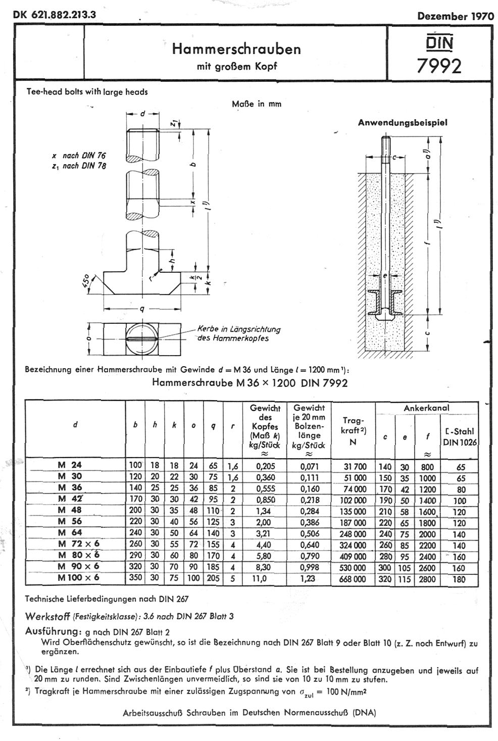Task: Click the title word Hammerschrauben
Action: [x=236, y=49]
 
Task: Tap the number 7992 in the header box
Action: [x=439, y=66]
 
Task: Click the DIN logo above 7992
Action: [x=439, y=42]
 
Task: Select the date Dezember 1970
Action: [x=455, y=16]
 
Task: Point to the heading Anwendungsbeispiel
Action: [x=403, y=122]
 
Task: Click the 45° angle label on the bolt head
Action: [x=86, y=281]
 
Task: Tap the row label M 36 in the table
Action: [x=70, y=487]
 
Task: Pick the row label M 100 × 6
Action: [x=78, y=577]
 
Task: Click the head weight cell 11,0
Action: [x=260, y=579]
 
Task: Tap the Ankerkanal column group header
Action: [x=426, y=408]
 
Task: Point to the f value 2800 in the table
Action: [x=427, y=579]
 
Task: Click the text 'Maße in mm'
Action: [x=257, y=104]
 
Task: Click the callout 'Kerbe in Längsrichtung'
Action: [x=239, y=329]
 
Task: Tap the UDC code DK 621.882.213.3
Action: [x=55, y=15]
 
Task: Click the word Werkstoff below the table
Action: [x=47, y=616]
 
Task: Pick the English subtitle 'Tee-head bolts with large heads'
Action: [x=87, y=92]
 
